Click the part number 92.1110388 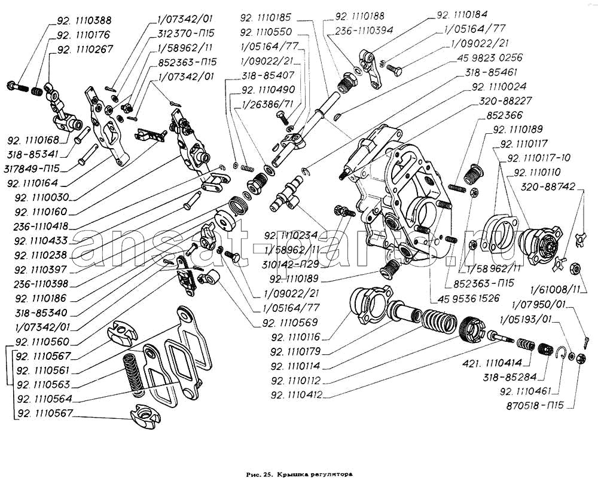click(x=84, y=20)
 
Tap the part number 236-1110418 click(x=45, y=225)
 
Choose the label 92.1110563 click(x=45, y=384)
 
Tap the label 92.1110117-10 click(x=538, y=158)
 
